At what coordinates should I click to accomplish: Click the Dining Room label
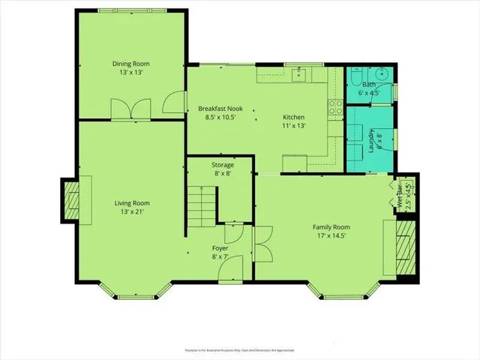(x=132, y=64)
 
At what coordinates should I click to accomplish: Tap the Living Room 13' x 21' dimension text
(x=132, y=212)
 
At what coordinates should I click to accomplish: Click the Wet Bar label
(x=399, y=197)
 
